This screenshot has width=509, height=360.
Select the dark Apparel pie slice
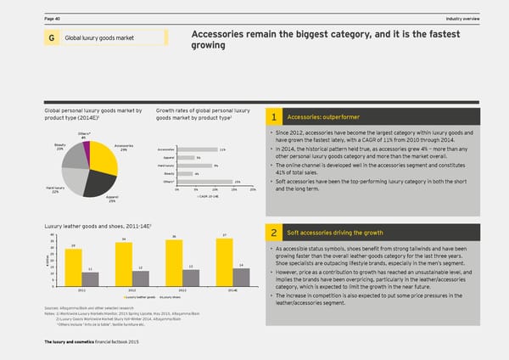(96, 183)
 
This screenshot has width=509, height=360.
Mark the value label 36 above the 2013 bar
(174, 236)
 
